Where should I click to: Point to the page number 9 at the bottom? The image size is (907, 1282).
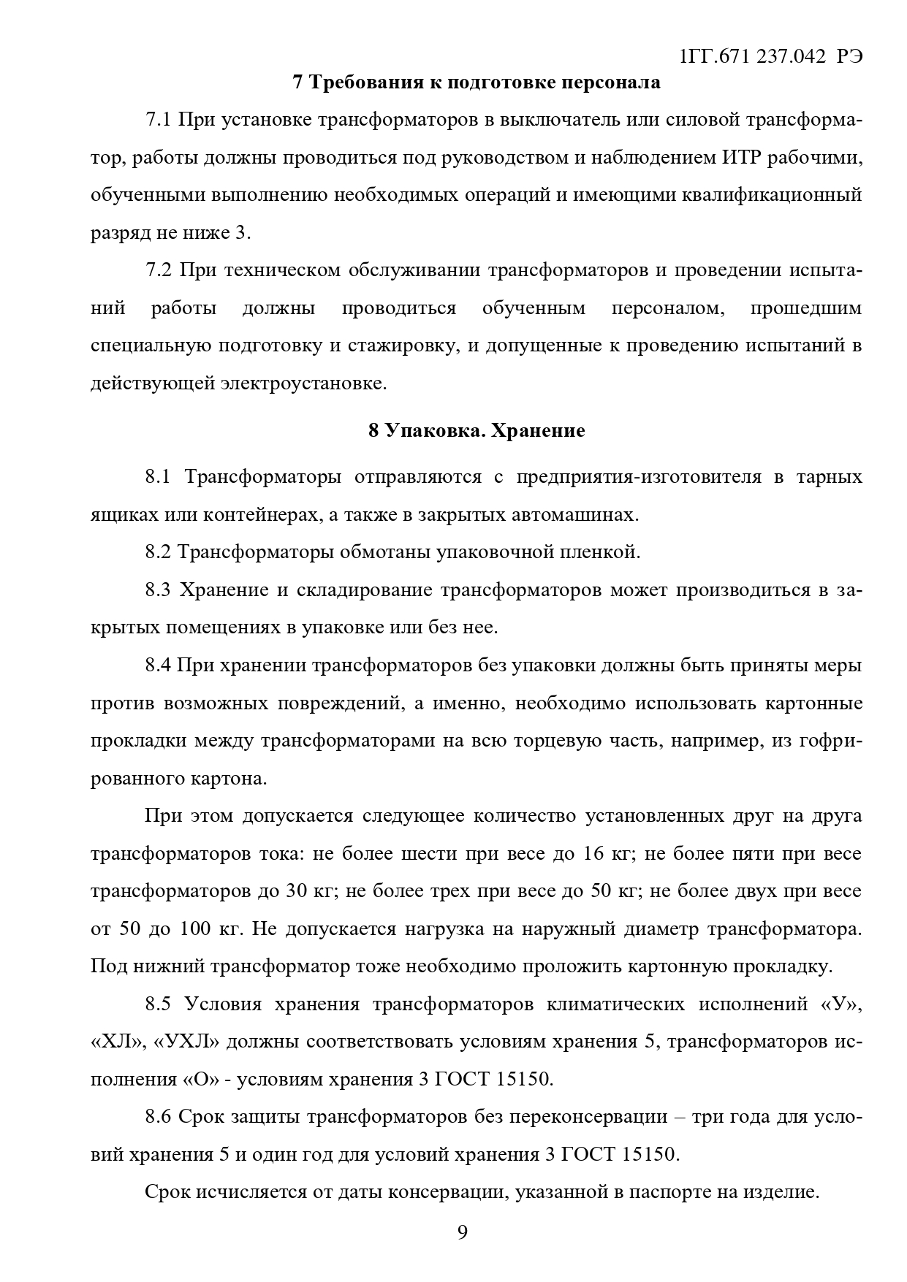click(x=462, y=1232)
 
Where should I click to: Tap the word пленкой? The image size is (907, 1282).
click(x=603, y=552)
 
